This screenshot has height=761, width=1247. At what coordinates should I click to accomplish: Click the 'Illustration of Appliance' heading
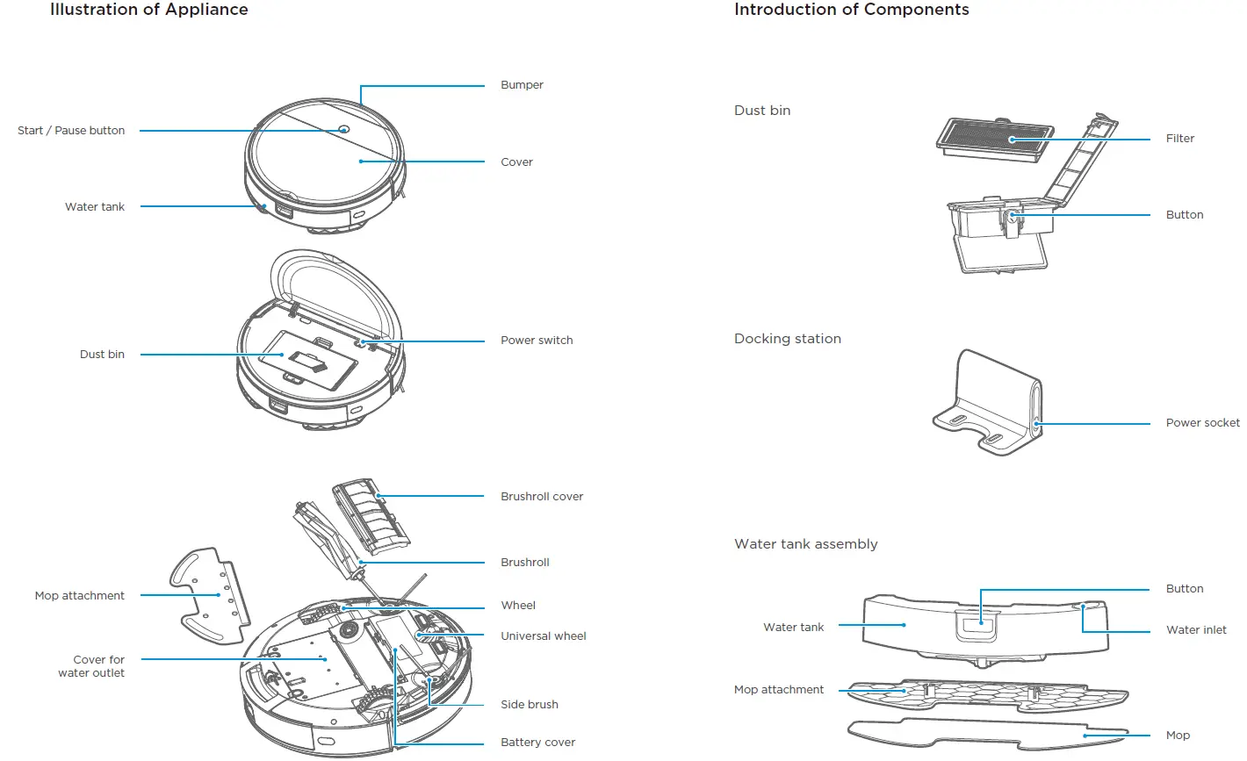(148, 10)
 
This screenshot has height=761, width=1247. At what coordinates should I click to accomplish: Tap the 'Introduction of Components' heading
(851, 10)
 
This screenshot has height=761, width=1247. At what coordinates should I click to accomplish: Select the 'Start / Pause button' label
(71, 131)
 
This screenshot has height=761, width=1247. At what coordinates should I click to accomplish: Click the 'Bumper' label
(522, 85)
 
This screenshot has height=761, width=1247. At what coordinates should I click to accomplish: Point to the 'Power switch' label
(536, 341)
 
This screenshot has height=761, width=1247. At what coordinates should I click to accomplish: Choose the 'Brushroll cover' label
(541, 497)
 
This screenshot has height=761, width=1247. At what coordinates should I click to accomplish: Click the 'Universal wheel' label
(543, 636)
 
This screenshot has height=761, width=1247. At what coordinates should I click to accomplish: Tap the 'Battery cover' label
(537, 743)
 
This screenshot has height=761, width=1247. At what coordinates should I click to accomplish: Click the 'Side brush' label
(529, 705)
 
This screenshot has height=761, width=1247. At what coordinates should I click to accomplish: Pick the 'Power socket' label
(1202, 423)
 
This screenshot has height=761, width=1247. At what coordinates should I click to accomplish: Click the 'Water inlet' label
(1196, 630)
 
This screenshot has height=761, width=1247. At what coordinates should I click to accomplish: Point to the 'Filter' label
(1179, 139)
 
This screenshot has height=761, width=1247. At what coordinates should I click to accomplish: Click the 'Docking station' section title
(787, 339)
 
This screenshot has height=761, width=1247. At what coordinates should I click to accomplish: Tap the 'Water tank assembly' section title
(805, 544)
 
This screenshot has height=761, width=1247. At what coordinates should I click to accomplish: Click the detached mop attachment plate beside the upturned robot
(207, 595)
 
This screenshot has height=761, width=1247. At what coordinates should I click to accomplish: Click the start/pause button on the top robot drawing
(343, 130)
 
